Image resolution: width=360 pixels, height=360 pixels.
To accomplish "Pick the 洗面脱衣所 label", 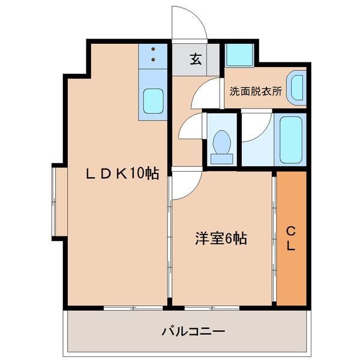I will [255, 92].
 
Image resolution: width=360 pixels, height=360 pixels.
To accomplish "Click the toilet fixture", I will [223, 146].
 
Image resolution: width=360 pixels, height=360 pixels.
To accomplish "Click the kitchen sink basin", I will [154, 102].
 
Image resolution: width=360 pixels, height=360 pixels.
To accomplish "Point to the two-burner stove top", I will [154, 55].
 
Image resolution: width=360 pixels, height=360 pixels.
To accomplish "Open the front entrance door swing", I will [189, 24].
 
